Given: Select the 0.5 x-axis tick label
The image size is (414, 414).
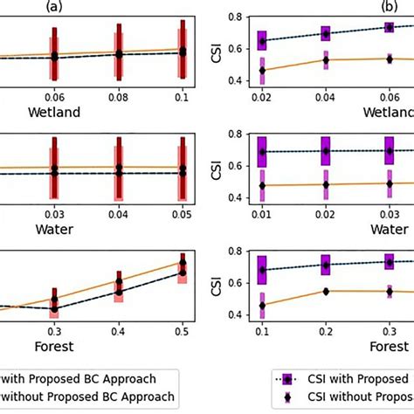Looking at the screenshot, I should click(182, 331).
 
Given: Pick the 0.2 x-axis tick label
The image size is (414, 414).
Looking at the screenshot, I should click(326, 331).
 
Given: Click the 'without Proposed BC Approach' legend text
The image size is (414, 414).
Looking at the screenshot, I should click(87, 398).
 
